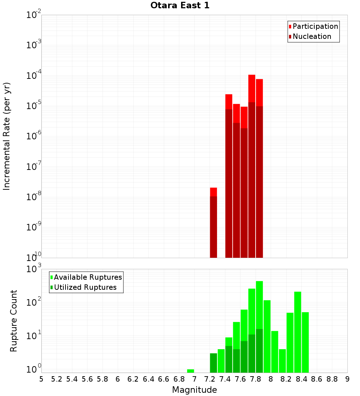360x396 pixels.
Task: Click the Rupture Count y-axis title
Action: (x=14, y=320)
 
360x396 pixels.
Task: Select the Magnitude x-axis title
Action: (x=194, y=390)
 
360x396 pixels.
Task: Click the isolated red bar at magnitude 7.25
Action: (x=213, y=223)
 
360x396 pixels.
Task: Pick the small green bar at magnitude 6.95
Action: (x=190, y=371)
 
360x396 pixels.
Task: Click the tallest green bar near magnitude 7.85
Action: (x=259, y=324)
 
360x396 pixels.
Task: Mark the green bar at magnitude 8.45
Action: (x=305, y=342)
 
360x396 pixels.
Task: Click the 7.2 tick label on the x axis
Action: (x=210, y=379)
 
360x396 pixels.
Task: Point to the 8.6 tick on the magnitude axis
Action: (x=317, y=379)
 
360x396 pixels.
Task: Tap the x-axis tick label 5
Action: (x=41, y=379)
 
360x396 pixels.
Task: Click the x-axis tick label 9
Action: (x=347, y=379)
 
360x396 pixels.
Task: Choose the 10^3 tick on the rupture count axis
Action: (x=34, y=269)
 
